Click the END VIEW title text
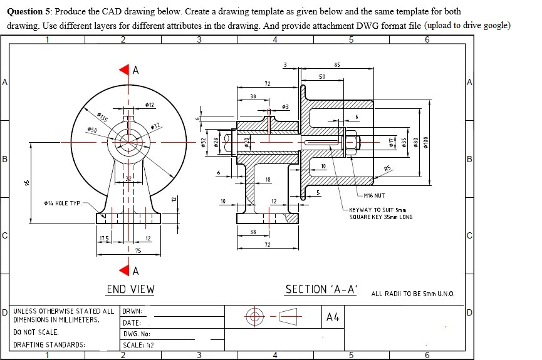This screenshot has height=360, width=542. click(130, 289)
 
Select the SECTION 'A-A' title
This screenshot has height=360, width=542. click(321, 289)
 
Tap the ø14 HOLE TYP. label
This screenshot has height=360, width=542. click(62, 203)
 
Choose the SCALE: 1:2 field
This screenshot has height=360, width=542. click(139, 345)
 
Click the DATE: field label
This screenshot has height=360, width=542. click(131, 322)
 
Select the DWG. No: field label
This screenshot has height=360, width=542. click(135, 334)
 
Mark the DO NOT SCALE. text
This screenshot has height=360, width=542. click(36, 332)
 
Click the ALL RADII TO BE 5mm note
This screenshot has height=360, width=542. click(413, 294)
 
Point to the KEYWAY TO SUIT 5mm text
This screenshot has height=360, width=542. click(378, 210)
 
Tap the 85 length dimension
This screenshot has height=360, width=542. click(337, 64)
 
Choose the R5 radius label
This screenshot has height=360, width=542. click(388, 168)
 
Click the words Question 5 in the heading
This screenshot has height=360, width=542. click(28, 11)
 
